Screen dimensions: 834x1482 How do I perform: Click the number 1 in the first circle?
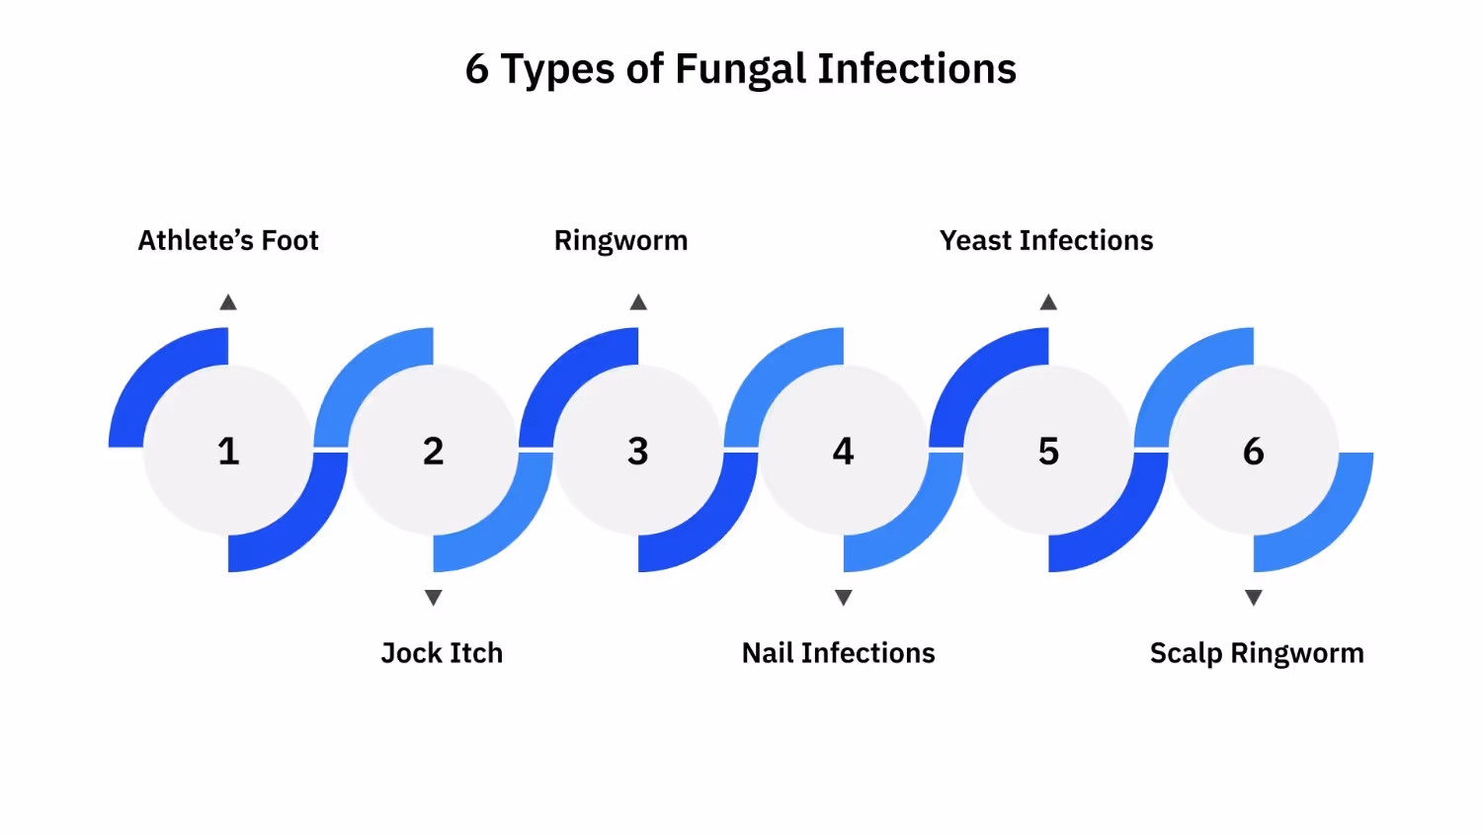[x=228, y=452]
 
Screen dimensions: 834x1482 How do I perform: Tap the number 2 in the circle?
[x=433, y=452]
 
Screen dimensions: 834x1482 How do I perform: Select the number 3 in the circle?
[x=638, y=452]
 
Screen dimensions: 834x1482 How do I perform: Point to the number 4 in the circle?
[x=843, y=452]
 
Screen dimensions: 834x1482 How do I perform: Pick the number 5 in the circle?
[x=1048, y=452]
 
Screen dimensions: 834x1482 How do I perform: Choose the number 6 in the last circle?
[x=1253, y=452]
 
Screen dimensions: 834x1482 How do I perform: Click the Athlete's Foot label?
[x=228, y=241]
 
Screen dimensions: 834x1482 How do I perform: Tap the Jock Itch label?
[x=442, y=653]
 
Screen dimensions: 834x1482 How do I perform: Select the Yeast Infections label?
[x=1046, y=241]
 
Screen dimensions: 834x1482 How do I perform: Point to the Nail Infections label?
[x=838, y=653]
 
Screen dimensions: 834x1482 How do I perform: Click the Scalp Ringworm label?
[x=1257, y=653]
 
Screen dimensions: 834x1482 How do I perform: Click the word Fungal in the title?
[x=741, y=70]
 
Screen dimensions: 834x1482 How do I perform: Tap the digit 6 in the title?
[x=477, y=70]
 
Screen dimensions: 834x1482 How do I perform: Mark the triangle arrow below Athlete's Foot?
[x=228, y=302]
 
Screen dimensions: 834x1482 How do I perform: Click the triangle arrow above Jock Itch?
[x=433, y=597]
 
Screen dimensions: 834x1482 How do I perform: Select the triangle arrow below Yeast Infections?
[x=1048, y=302]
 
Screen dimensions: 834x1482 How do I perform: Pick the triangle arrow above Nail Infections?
[x=843, y=597]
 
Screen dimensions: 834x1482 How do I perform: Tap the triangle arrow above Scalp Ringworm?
[x=1253, y=597]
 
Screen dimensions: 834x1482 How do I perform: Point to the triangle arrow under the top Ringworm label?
[x=638, y=302]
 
